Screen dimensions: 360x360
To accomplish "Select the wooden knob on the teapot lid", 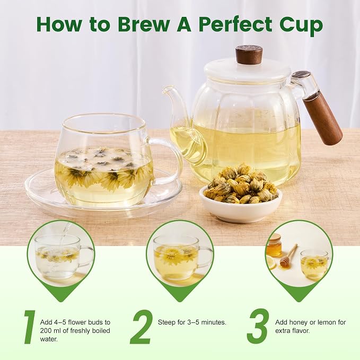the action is (249, 55).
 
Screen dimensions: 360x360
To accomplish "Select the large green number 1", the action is (30, 327).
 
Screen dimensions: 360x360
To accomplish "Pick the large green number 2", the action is (141, 327).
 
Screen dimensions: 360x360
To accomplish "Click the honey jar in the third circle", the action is (274, 245).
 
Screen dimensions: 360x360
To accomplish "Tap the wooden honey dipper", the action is (288, 255).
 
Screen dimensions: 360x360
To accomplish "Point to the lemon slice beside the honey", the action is (271, 263).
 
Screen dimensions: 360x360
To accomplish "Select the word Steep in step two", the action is (167, 322).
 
